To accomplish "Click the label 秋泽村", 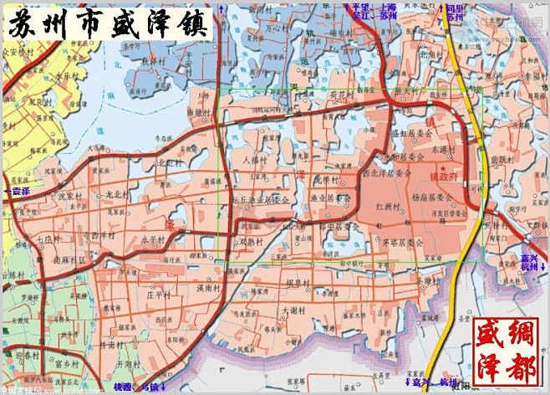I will pos(155,60).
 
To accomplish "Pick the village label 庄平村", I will pos(158,295).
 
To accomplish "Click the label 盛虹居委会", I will pos(409,155).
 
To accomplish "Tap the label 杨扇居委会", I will pos(431,199).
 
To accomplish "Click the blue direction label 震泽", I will pos(18,192).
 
